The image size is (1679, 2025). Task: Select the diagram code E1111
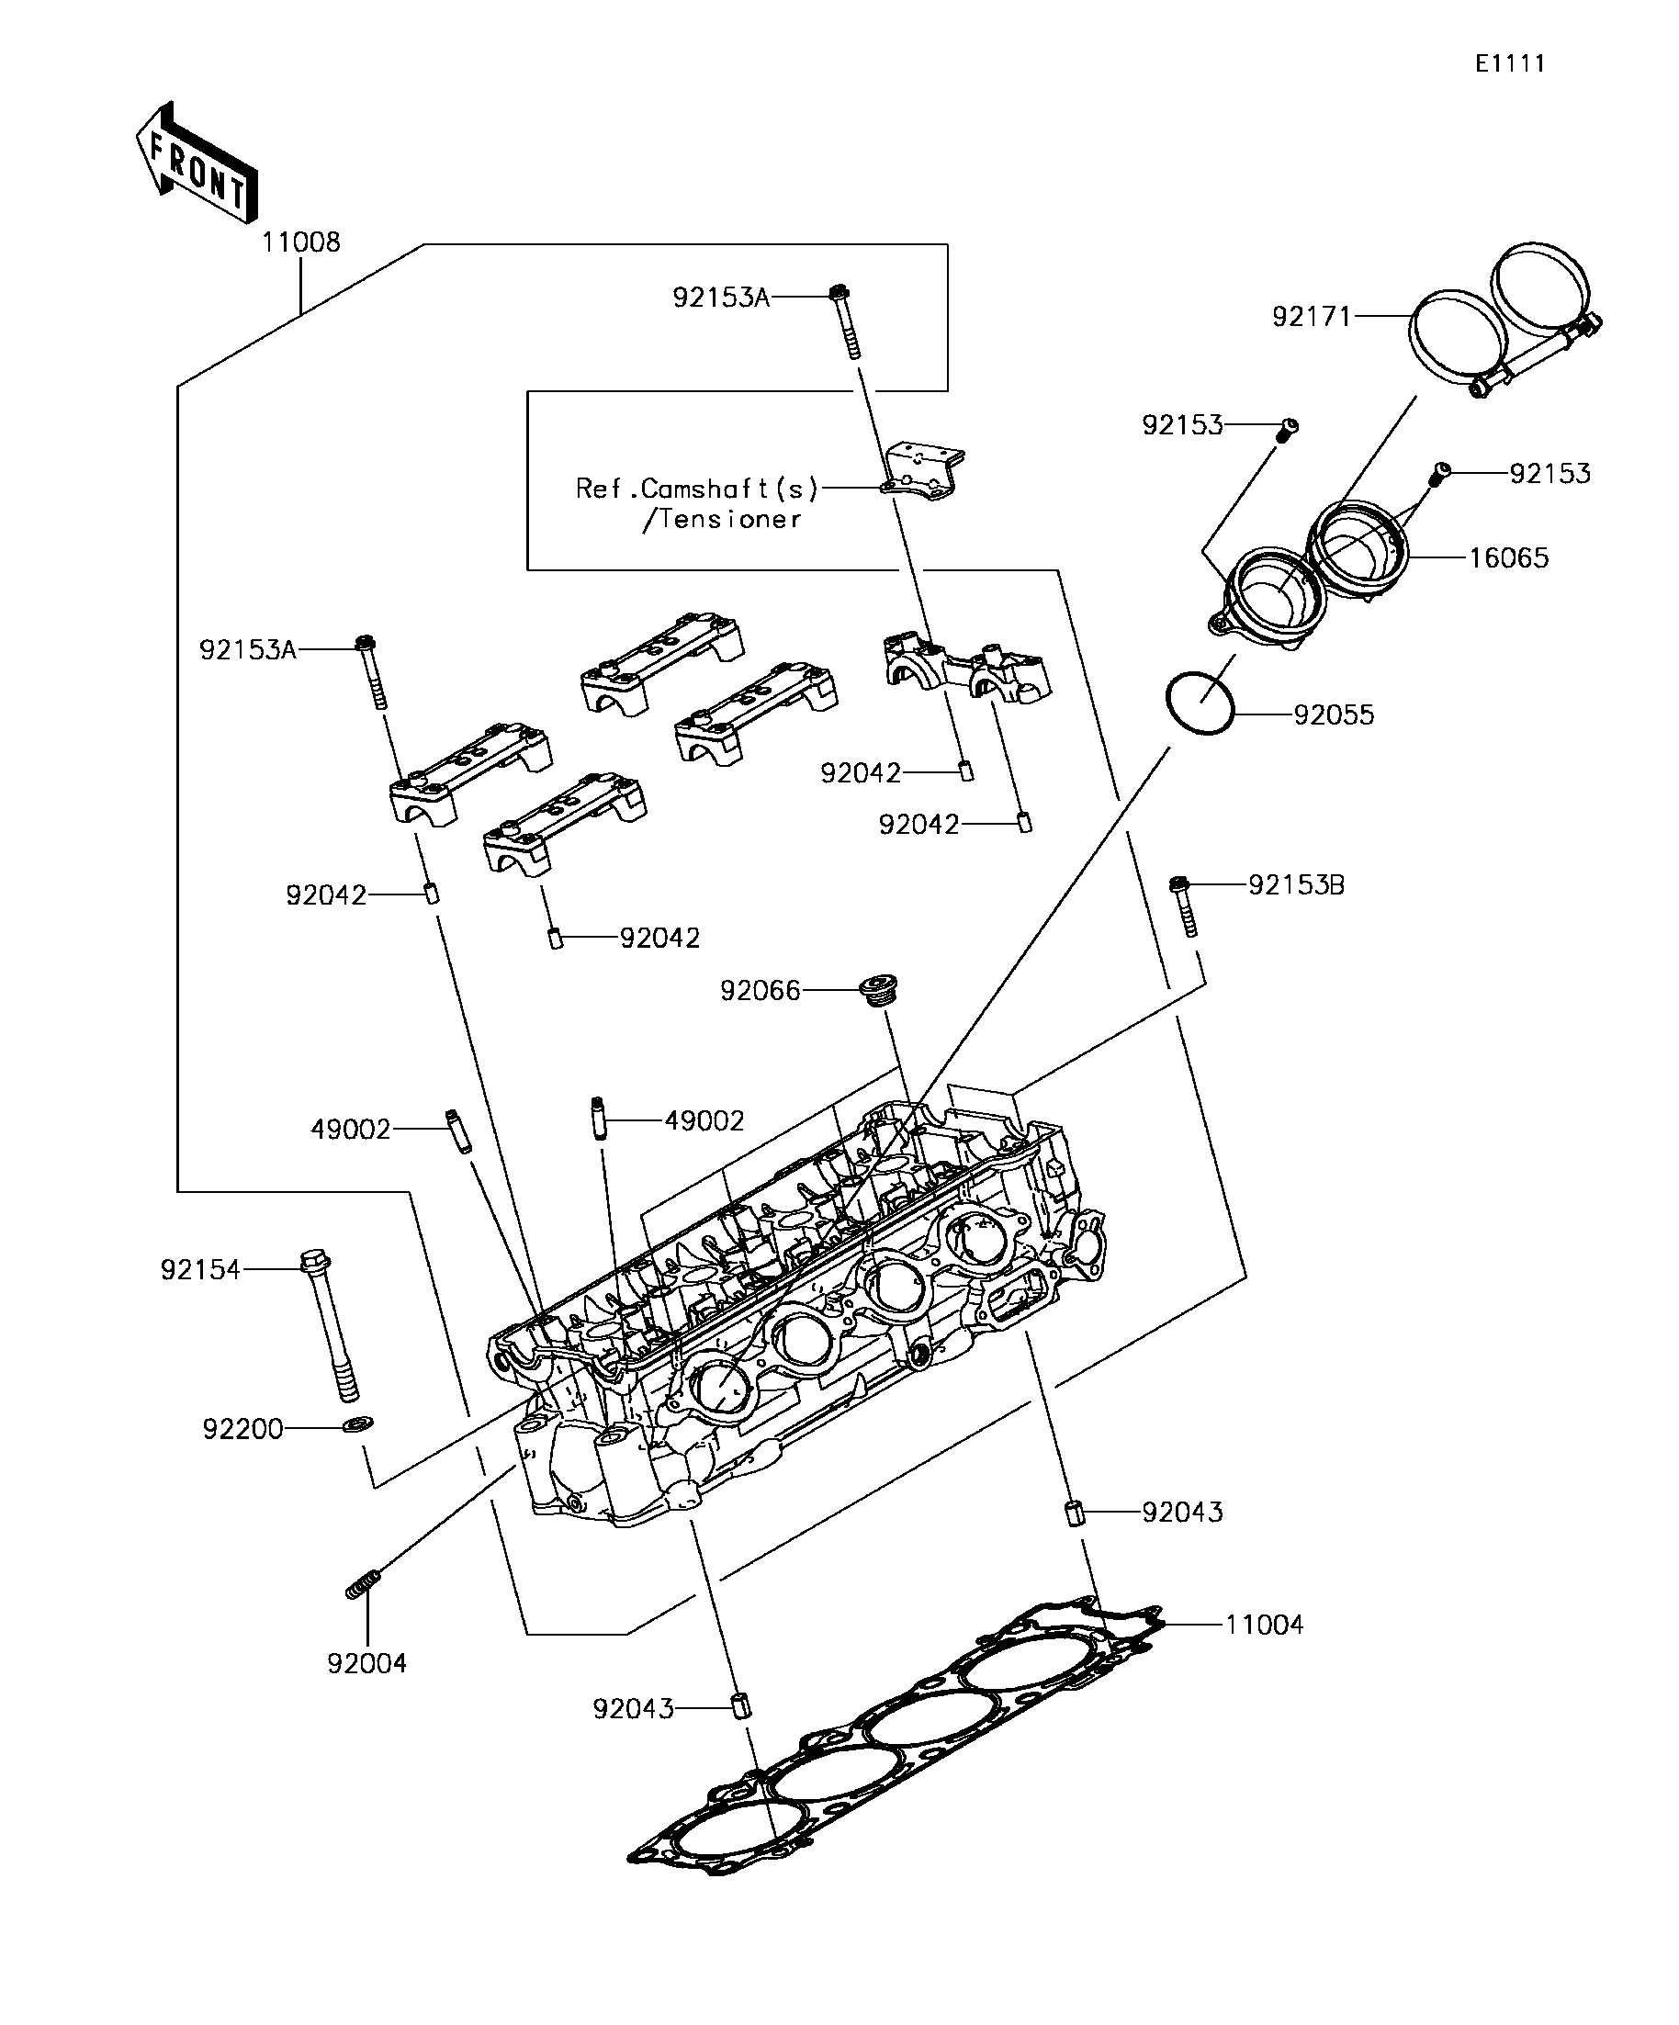tap(1509, 63)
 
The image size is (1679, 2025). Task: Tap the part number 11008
tap(301, 242)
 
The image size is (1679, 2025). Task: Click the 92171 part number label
tap(1312, 316)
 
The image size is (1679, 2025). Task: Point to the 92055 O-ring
tap(1200, 703)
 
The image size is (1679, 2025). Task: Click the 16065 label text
tap(1508, 557)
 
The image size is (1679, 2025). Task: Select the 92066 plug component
tap(880, 989)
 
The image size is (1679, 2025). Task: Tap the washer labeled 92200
tap(359, 1423)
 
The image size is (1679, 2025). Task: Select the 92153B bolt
tap(1184, 906)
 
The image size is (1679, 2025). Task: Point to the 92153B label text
tap(1295, 884)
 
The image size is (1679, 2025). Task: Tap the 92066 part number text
tap(760, 990)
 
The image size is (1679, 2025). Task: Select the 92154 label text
tap(199, 1269)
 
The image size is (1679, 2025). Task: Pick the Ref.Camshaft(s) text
tap(696, 489)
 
